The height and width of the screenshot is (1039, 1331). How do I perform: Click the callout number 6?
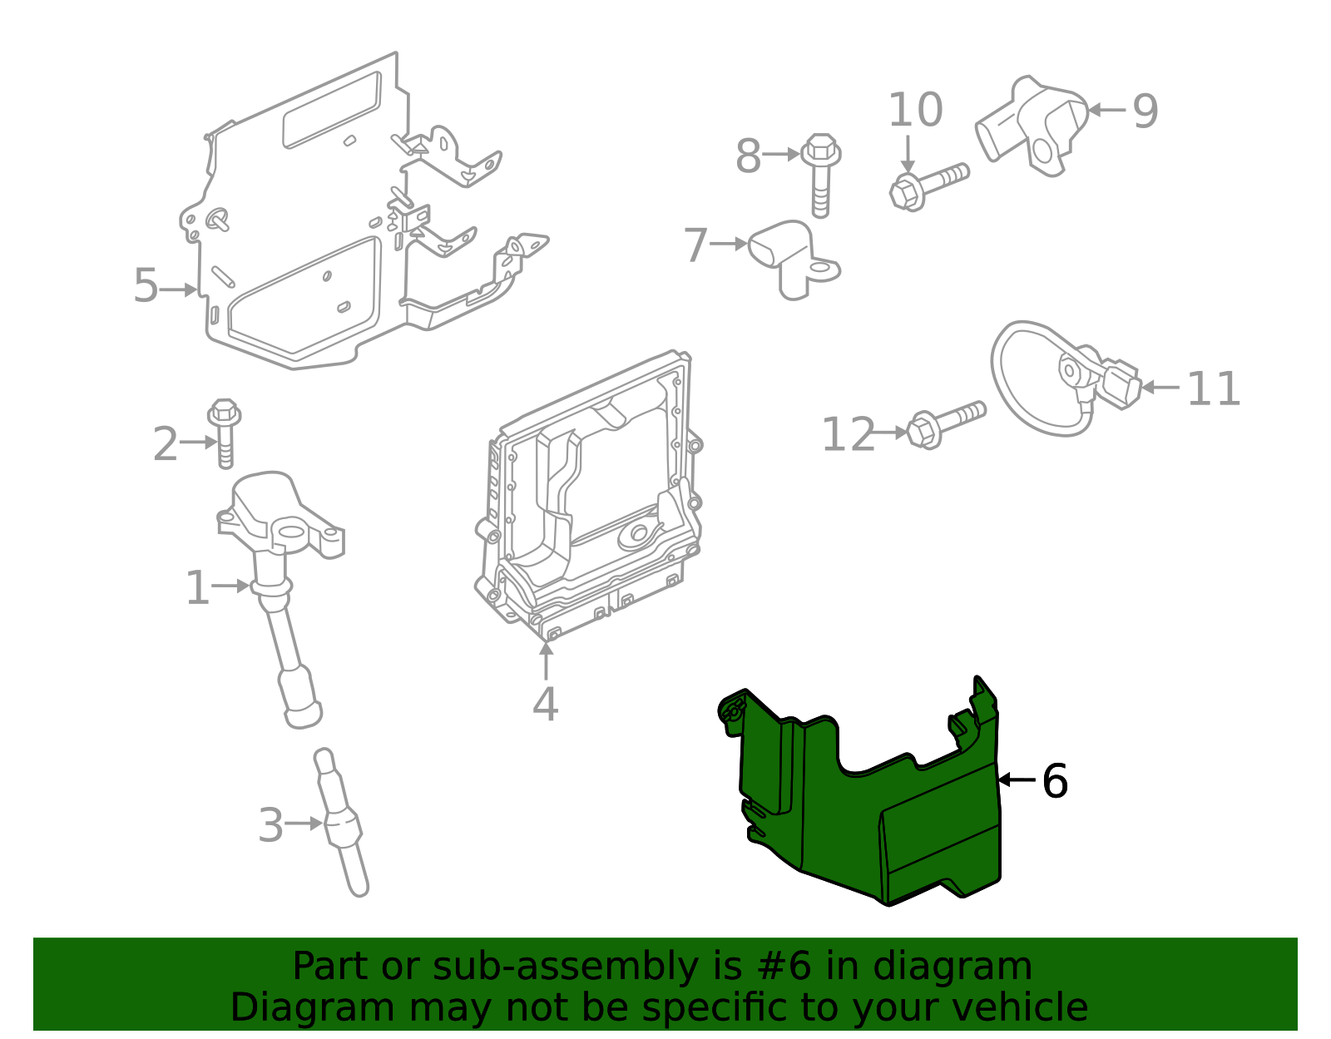tap(1054, 781)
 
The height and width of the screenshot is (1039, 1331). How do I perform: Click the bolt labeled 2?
tap(225, 433)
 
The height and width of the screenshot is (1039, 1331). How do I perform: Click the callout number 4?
tap(545, 704)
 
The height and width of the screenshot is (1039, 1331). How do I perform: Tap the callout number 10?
tap(915, 110)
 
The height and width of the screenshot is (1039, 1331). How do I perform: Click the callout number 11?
tap(1213, 388)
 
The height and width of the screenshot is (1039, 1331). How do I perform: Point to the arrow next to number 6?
tap(1016, 780)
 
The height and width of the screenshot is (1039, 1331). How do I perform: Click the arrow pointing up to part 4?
tap(546, 661)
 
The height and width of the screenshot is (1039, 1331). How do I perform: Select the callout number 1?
tap(196, 588)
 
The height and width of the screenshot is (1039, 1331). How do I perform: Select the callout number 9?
tap(1145, 111)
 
